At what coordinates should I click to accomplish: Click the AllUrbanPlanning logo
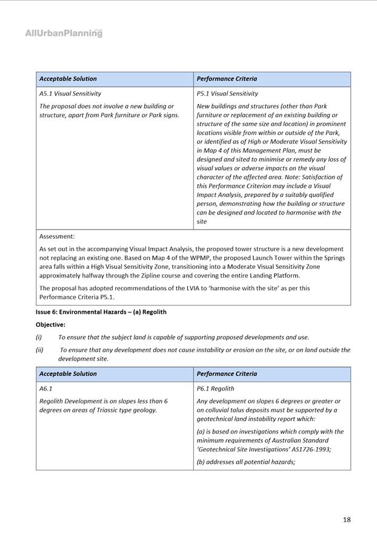coord(64,33)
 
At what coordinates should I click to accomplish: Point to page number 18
coord(346,519)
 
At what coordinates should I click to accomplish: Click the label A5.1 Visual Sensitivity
coord(70,94)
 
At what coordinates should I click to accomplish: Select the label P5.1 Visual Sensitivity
coord(227,94)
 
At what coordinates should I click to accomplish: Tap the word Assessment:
coord(57,237)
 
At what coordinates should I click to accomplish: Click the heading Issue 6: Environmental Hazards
coord(101,312)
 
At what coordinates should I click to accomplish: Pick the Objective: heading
coord(50,325)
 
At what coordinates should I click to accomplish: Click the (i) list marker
coord(39,337)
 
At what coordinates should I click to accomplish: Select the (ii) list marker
coord(39,349)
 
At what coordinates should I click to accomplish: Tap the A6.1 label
coord(45,389)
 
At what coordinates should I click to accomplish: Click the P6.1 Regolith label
coord(215,389)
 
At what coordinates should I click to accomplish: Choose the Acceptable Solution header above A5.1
coord(68,79)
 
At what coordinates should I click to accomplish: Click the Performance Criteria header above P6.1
coord(227,374)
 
